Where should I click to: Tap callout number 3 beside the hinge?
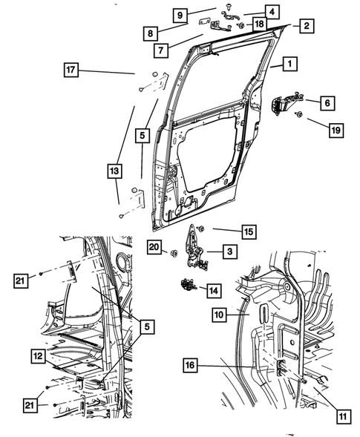230,253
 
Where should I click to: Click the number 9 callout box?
180,14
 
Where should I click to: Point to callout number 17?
71,70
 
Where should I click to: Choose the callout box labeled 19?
335,130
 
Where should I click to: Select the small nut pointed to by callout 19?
298,114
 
